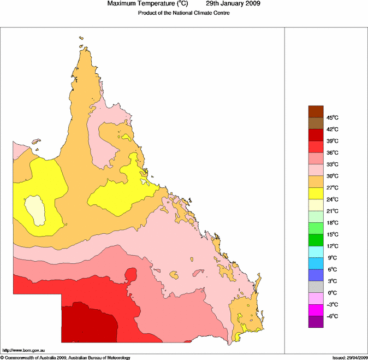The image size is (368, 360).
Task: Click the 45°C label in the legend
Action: click(333, 117)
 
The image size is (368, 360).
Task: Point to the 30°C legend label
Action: click(333, 176)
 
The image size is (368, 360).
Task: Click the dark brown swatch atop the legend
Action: click(316, 111)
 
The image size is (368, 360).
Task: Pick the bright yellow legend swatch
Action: click(316, 193)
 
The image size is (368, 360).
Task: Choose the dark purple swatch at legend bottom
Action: click(316, 322)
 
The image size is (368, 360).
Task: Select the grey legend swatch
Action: click(316, 287)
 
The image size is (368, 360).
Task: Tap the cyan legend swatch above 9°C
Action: click(316, 252)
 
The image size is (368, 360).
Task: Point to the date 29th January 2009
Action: click(233, 4)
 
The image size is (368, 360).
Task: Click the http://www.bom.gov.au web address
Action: click(23, 350)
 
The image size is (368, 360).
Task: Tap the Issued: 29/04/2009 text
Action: click(349, 357)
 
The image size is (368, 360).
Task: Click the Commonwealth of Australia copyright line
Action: click(66, 357)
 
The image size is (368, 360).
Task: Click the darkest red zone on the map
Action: click(87, 325)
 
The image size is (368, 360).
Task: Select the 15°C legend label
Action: click(333, 234)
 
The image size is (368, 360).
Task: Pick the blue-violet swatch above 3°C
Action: click(316, 275)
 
